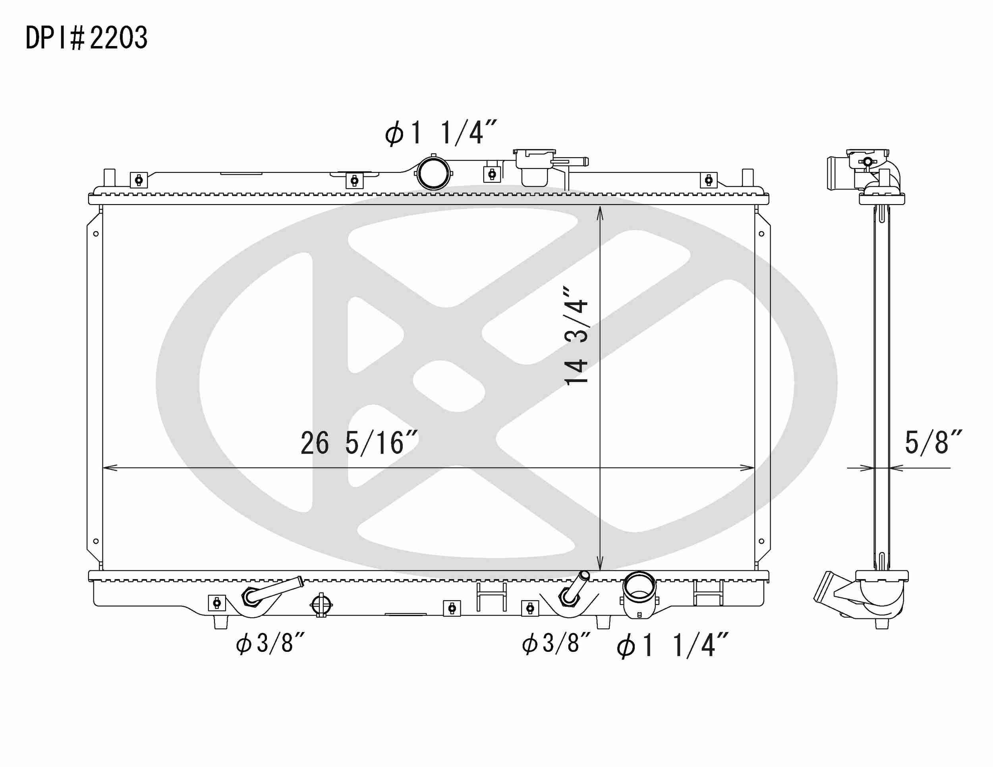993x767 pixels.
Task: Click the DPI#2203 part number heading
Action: (86, 38)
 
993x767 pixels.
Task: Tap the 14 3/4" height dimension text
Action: (576, 336)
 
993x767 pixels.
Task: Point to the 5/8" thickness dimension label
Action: (933, 442)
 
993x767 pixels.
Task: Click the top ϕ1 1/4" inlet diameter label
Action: (440, 133)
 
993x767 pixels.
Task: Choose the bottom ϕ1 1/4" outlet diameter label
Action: (672, 645)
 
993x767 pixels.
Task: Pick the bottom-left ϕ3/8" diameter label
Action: (270, 643)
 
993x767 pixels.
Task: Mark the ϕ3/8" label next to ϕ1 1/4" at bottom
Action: (556, 643)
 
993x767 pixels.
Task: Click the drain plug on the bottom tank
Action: (321, 605)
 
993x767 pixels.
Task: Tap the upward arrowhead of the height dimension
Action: (600, 213)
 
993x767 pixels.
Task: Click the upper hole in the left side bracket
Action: (96, 234)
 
